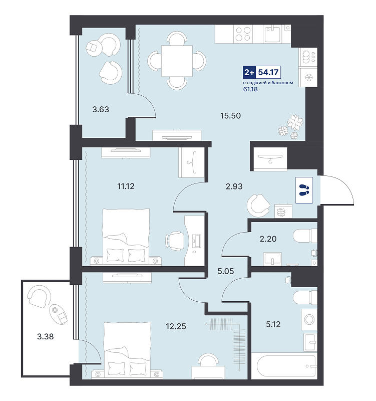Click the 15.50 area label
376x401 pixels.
[230, 116]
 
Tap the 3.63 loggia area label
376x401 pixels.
[101, 109]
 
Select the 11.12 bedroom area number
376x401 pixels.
[126, 186]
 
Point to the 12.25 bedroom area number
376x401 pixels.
[176, 326]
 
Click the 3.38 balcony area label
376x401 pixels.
[45, 336]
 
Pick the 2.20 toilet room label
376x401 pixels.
[268, 239]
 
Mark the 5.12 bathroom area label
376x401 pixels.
[273, 324]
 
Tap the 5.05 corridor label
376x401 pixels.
[225, 271]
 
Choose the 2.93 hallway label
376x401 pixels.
[234, 186]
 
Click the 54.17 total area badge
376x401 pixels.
[262, 72]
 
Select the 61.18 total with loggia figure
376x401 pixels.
[250, 89]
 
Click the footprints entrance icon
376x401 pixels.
[304, 190]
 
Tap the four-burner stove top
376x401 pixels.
[243, 34]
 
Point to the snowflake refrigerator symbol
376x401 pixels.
[309, 77]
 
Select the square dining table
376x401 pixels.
[177, 61]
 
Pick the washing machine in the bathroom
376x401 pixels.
[309, 319]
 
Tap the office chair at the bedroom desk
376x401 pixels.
[175, 241]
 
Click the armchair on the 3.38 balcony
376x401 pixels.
[39, 297]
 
